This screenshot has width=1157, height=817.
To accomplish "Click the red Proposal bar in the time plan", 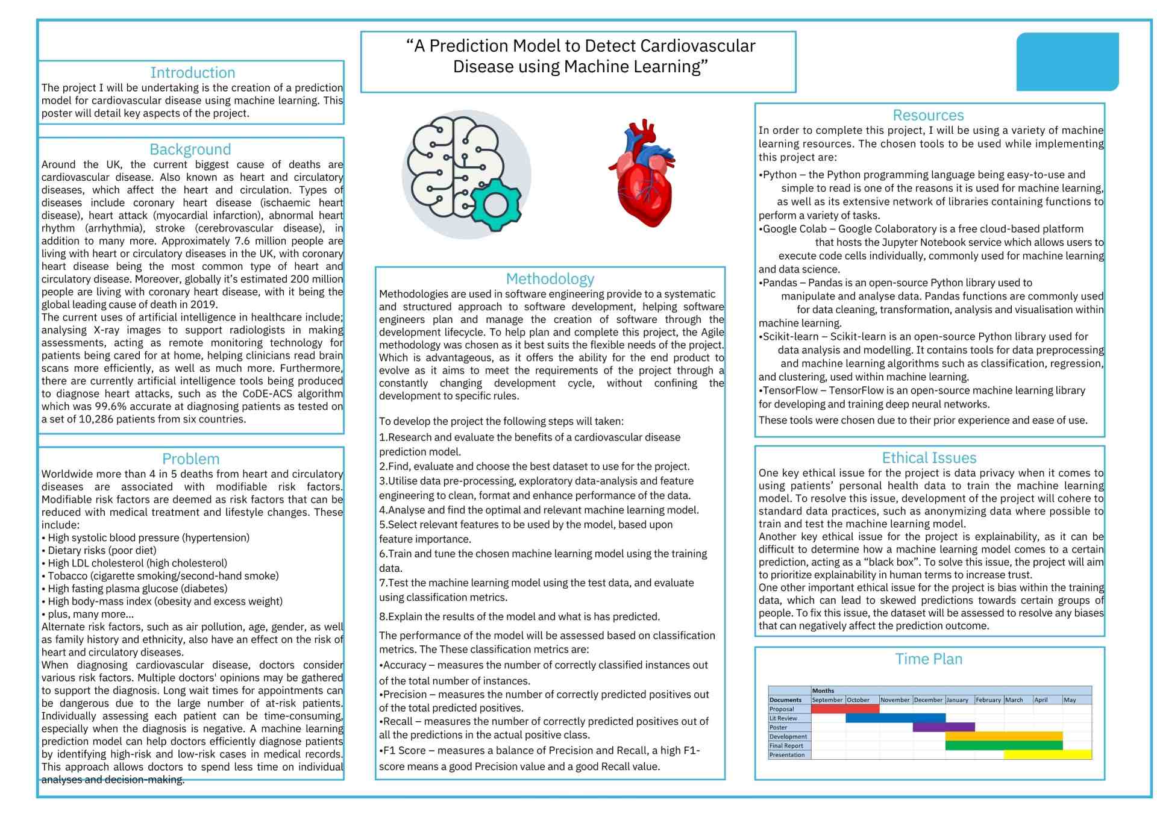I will pyautogui.click(x=845, y=709).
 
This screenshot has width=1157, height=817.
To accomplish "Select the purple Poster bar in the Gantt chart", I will pyautogui.click(x=944, y=727).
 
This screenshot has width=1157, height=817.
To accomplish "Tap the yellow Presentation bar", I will pyautogui.click(x=1047, y=754).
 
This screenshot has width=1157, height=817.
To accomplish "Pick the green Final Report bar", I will pyautogui.click(x=1004, y=745).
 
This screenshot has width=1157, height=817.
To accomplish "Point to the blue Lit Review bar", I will pyautogui.click(x=895, y=718).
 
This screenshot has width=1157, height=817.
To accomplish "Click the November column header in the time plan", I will pyautogui.click(x=895, y=700).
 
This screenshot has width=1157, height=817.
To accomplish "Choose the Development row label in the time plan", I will pyautogui.click(x=788, y=736).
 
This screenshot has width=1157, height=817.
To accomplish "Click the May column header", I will pyautogui.click(x=1070, y=700).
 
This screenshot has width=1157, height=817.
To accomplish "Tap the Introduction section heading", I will pyautogui.click(x=192, y=73).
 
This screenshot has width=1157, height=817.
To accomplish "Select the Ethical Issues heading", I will pyautogui.click(x=929, y=458).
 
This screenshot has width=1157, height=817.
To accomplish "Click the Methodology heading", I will pyautogui.click(x=550, y=279).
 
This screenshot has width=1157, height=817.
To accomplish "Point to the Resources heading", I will pyautogui.click(x=928, y=115).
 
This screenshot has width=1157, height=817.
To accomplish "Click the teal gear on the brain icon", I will pyautogui.click(x=495, y=205).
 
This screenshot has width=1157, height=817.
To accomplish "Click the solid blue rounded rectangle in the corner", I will pyautogui.click(x=1067, y=62).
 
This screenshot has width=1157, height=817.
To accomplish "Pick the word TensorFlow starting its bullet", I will pyautogui.click(x=790, y=390).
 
